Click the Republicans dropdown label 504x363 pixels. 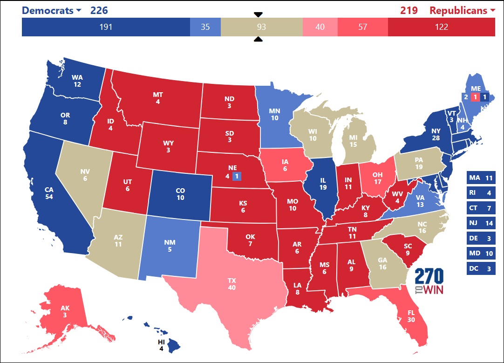(x=462, y=10)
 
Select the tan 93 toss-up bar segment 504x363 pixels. (x=261, y=27)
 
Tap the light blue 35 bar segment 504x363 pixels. (x=205, y=27)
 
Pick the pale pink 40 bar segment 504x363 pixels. (x=320, y=27)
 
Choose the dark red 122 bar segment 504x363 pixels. (x=441, y=27)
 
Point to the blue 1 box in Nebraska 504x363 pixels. (x=236, y=176)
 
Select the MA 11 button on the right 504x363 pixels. (x=481, y=178)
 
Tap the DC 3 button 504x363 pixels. (x=481, y=268)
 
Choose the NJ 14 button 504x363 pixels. (x=481, y=223)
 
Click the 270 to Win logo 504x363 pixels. (x=429, y=282)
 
